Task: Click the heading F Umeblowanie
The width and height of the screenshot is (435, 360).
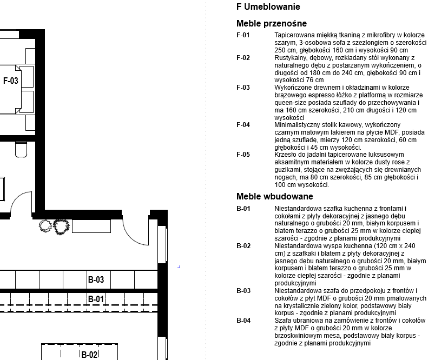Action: pyautogui.click(x=268, y=7)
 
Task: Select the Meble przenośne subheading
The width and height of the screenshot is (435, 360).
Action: pyautogui.click(x=272, y=24)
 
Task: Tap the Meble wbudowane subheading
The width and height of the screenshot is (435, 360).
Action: pyautogui.click(x=274, y=197)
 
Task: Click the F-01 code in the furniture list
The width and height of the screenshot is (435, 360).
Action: pyautogui.click(x=243, y=35)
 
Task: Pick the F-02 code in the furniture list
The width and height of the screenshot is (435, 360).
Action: pyautogui.click(x=243, y=57)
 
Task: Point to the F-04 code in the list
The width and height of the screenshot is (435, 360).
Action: pyautogui.click(x=243, y=125)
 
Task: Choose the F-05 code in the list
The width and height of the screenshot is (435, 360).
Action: pyautogui.click(x=243, y=155)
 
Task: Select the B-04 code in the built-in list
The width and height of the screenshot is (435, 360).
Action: pyautogui.click(x=243, y=321)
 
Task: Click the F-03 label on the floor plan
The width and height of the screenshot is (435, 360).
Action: pyautogui.click(x=11, y=81)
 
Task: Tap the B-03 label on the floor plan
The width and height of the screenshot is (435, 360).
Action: pyautogui.click(x=96, y=280)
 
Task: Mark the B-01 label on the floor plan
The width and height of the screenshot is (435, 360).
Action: pyautogui.click(x=96, y=299)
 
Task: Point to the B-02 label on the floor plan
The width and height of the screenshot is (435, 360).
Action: pyautogui.click(x=89, y=355)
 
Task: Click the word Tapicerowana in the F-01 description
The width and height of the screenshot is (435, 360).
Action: pyautogui.click(x=295, y=35)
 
